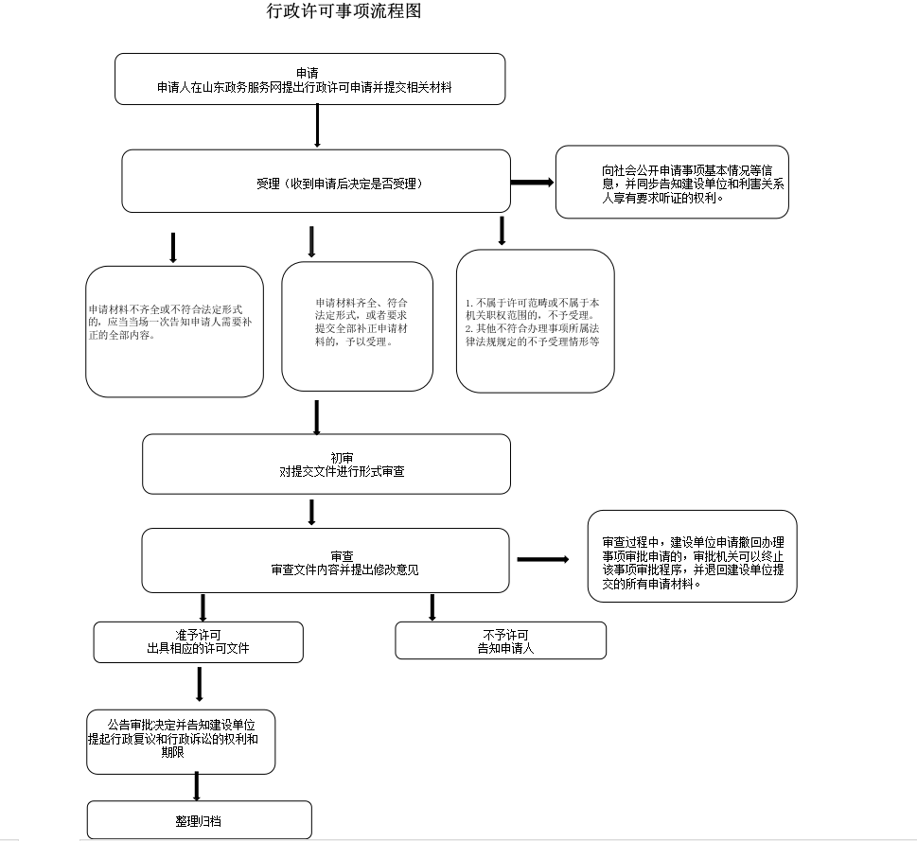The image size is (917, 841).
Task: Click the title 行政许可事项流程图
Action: click(344, 12)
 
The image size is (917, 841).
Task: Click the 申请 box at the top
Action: click(309, 79)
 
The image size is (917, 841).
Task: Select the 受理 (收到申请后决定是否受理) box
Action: click(316, 181)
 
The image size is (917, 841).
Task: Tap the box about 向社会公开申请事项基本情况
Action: click(672, 183)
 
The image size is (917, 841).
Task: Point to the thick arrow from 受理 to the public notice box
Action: click(532, 182)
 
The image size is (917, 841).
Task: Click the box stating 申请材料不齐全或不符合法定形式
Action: click(174, 331)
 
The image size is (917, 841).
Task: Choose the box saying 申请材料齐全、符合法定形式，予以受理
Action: click(357, 326)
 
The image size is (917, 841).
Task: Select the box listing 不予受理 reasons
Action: click(535, 321)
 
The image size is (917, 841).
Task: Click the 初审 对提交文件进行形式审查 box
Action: click(326, 464)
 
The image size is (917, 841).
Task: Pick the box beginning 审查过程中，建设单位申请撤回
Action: click(692, 556)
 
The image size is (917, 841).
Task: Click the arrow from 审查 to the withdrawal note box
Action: click(542, 560)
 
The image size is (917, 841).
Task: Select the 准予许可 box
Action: click(198, 641)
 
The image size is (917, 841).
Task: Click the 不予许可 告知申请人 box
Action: click(500, 640)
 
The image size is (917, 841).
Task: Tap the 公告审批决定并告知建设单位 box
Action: click(181, 740)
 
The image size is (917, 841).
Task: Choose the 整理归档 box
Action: click(199, 819)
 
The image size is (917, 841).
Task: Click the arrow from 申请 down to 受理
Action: click(317, 125)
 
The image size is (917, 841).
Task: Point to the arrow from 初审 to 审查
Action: click(311, 512)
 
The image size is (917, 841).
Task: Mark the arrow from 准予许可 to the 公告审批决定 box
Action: click(199, 684)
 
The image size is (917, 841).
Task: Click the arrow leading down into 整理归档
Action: click(197, 786)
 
